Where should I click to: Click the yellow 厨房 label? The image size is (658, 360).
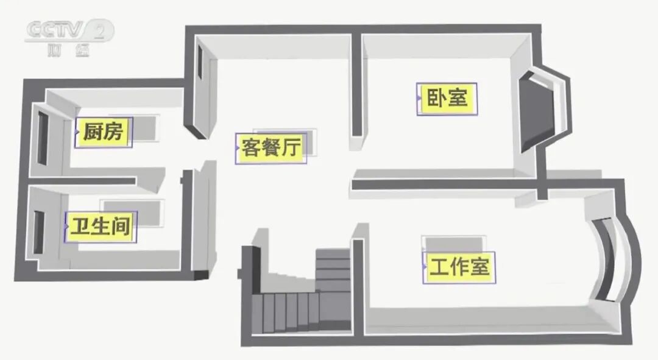(x=104, y=132)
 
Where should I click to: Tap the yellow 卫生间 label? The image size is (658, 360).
(x=101, y=227)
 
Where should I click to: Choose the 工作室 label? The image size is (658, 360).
(x=459, y=267)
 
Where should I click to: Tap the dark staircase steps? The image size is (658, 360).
(x=286, y=310)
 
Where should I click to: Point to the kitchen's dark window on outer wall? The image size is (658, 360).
(x=43, y=138)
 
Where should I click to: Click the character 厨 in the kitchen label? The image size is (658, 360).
(x=91, y=132)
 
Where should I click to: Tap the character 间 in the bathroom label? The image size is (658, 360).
(x=122, y=227)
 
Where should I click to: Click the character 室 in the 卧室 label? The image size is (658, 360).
(x=458, y=98)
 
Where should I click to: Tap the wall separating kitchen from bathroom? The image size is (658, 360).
(x=85, y=181)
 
